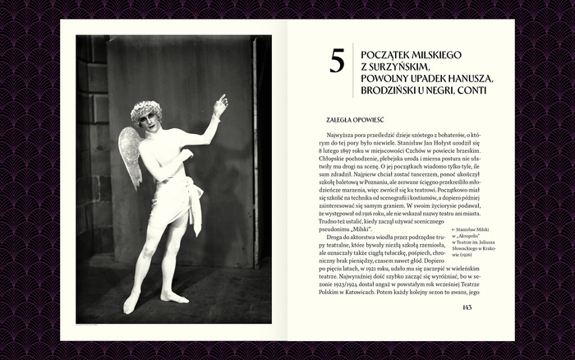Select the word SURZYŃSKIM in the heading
pyautogui.click(x=409, y=67)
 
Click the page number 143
pyautogui.click(x=466, y=307)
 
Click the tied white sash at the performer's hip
pyautogui.click(x=195, y=197)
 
